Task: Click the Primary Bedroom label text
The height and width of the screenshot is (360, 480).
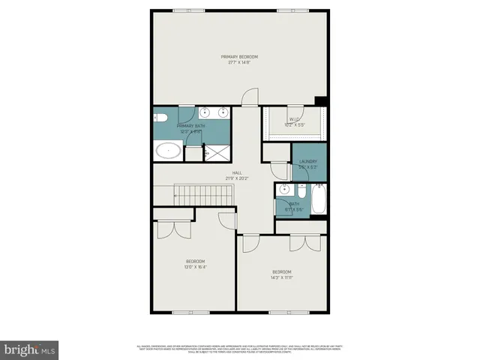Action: pyautogui.click(x=239, y=57)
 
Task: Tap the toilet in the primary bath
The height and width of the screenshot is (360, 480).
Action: pyautogui.click(x=160, y=117)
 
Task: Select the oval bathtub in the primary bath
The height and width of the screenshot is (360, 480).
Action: pyautogui.click(x=168, y=151)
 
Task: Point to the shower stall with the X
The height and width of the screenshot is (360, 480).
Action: pyautogui.click(x=217, y=153)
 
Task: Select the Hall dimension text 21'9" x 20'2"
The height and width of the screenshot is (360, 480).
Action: pyautogui.click(x=235, y=178)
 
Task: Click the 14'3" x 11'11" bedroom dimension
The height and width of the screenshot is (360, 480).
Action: pyautogui.click(x=281, y=277)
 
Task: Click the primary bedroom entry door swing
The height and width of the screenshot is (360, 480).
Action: pyautogui.click(x=250, y=97)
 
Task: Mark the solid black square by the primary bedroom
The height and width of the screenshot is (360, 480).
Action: pyautogui.click(x=321, y=101)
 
